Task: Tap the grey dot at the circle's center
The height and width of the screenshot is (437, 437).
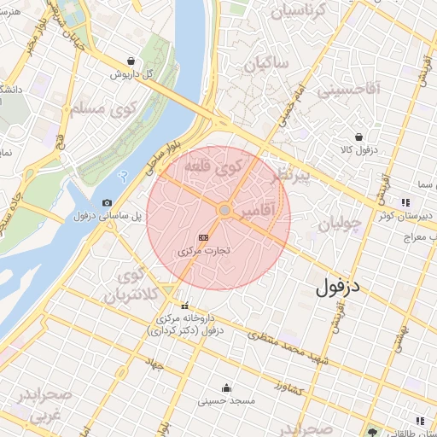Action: pyautogui.click(x=224, y=210)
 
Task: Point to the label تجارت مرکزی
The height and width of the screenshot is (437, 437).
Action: pyautogui.click(x=205, y=253)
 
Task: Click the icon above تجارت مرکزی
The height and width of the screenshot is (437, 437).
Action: pyautogui.click(x=203, y=237)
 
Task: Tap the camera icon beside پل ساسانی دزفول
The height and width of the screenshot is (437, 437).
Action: pyautogui.click(x=107, y=202)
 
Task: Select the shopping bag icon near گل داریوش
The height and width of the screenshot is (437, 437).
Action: pyautogui.click(x=130, y=61)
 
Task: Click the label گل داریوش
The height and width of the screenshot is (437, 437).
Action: pyautogui.click(x=137, y=74)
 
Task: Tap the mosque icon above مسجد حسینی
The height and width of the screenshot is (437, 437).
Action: pyautogui.click(x=225, y=386)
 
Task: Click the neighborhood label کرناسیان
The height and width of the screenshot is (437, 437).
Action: pyautogui.click(x=298, y=11)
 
